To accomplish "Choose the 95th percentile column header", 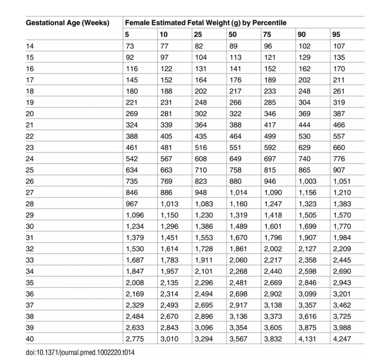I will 336,35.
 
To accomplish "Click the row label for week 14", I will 30,46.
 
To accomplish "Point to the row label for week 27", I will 30,193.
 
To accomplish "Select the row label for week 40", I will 30,339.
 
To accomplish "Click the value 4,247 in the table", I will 342,339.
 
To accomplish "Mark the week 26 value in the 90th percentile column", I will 307,182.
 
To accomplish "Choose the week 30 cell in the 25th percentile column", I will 203,226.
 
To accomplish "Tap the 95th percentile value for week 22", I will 339,136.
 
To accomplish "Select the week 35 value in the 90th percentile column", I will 307,283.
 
